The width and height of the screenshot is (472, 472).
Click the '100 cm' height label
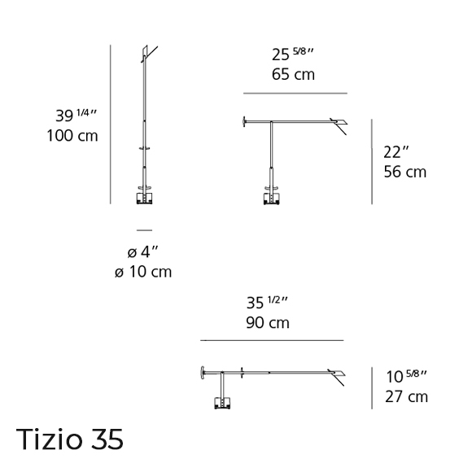tap(72, 136)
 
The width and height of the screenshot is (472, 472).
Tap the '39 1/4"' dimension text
tap(76, 116)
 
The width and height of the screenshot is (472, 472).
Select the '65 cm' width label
tap(293, 74)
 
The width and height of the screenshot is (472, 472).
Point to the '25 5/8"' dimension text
tap(293, 55)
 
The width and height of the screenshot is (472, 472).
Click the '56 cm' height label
tap(405, 172)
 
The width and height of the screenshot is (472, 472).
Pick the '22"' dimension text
tap(396, 152)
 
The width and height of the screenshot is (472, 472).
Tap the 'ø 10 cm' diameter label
tap(143, 272)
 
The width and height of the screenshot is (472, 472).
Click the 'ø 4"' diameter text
tap(143, 252)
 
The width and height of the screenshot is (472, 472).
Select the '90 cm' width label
tap(268, 323)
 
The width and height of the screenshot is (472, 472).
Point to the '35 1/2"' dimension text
tap(267, 303)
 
